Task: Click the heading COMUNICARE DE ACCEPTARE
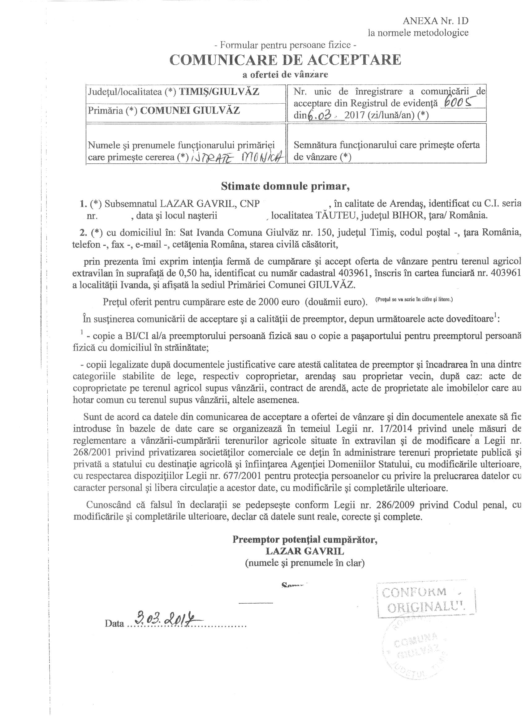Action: click(285, 60)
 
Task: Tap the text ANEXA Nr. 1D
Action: click(435, 21)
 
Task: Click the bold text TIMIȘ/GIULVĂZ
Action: click(219, 92)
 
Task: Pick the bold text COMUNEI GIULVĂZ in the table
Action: click(190, 110)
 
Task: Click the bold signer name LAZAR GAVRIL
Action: click(305, 551)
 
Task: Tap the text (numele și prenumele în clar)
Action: click(305, 563)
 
